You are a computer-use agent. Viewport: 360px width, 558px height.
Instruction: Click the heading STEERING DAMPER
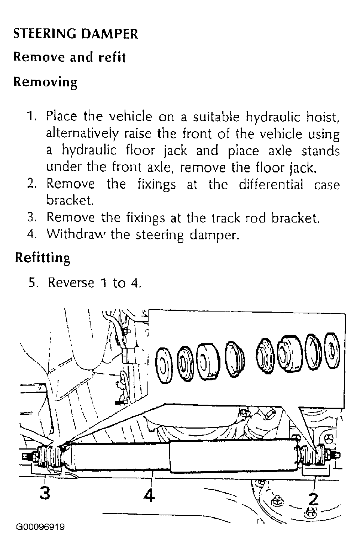tap(76, 34)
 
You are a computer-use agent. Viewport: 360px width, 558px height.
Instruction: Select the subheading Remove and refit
tap(70, 57)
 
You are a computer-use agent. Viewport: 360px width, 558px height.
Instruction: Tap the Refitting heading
tap(43, 258)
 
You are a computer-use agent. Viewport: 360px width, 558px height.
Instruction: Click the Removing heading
tap(45, 82)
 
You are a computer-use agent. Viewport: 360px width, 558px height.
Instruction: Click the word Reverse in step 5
tap(71, 282)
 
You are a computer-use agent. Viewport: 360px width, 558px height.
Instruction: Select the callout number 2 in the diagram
tap(313, 499)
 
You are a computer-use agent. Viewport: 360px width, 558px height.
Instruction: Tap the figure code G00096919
tap(40, 527)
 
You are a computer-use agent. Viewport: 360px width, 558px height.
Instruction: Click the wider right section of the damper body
tap(234, 456)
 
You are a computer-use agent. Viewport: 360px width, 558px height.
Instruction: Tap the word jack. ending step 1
tap(303, 168)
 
